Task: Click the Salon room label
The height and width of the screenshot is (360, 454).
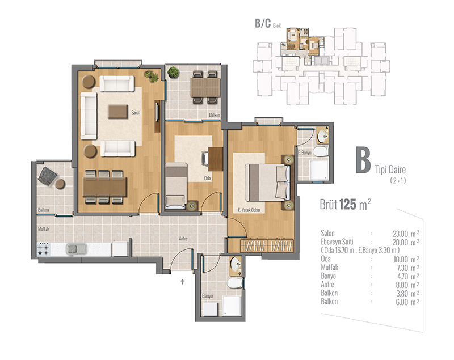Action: click(x=136, y=112)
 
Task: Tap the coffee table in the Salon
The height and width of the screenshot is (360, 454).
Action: click(x=118, y=112)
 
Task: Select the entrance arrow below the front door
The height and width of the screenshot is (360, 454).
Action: click(x=182, y=281)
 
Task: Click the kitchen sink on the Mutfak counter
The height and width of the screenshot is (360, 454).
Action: click(x=77, y=249)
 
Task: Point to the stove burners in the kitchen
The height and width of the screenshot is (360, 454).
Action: click(x=44, y=249)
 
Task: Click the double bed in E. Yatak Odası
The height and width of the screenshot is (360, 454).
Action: click(x=267, y=183)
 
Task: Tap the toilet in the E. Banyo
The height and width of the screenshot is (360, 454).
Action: click(x=321, y=151)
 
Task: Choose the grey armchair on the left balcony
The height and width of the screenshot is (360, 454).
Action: click(x=47, y=176)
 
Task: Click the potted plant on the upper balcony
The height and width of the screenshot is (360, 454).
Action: click(x=173, y=73)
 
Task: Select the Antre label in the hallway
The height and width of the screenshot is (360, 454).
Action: click(x=183, y=239)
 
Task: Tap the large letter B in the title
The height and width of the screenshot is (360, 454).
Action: click(x=363, y=160)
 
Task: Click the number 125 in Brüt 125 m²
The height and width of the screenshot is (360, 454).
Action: click(x=347, y=205)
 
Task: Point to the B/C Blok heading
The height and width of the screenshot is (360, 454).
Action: click(x=268, y=23)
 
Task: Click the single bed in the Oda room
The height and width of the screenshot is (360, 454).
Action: click(x=176, y=186)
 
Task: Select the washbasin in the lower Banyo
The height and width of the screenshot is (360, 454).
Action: click(x=236, y=264)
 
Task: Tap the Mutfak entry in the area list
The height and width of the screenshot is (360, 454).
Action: click(x=330, y=268)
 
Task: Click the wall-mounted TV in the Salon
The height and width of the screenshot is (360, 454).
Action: click(x=157, y=112)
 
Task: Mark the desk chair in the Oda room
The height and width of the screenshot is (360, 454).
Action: click(x=205, y=159)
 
